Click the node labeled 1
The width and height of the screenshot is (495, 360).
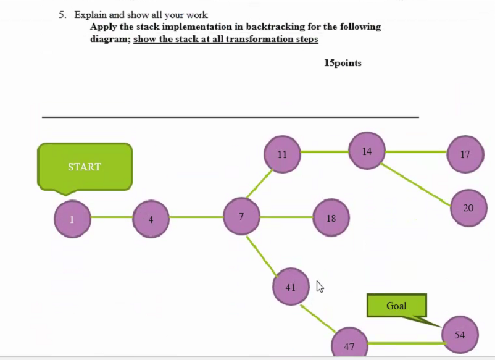[x=72, y=219]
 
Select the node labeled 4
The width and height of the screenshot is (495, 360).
[x=151, y=219]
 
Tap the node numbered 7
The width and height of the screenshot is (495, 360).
[x=241, y=216]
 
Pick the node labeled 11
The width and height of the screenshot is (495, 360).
[x=282, y=154]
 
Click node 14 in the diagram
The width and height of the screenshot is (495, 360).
[x=367, y=151]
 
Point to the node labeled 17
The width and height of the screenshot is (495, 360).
[x=465, y=154]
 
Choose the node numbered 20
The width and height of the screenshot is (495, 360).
[x=468, y=208]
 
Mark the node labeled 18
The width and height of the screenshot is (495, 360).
[x=331, y=218]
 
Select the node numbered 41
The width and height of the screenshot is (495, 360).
[x=291, y=287]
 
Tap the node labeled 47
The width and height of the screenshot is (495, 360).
[x=349, y=345]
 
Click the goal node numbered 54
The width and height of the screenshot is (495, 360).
[x=460, y=335]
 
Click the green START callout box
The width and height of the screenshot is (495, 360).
[x=85, y=167]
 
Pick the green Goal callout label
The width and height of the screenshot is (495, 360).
[x=396, y=306]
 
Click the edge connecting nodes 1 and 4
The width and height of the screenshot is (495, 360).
[x=112, y=217]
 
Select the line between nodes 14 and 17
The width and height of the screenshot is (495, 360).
[x=417, y=152]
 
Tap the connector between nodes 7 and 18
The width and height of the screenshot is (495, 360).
[x=287, y=217]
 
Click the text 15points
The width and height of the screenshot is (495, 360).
[x=343, y=63]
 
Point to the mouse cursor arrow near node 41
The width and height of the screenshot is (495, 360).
[x=320, y=286]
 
